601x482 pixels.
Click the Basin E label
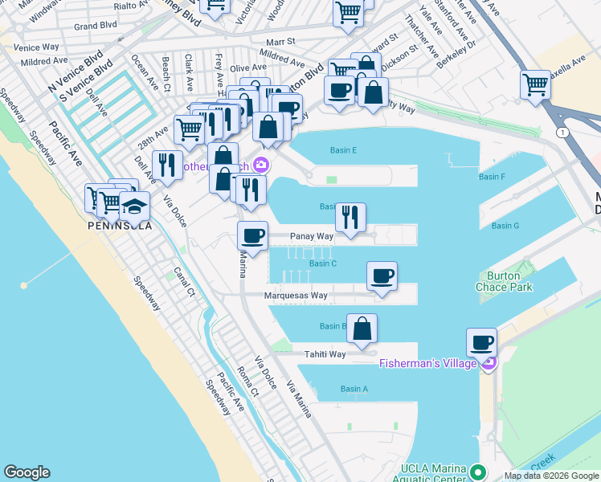[343, 150]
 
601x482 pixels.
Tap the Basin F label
[492, 177]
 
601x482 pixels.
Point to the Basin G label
[505, 226]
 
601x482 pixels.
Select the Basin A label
[354, 389]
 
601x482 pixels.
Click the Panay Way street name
[312, 237]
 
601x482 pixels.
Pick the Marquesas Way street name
[296, 296]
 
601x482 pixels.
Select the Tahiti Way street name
[325, 354]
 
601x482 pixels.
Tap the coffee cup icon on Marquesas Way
[382, 277]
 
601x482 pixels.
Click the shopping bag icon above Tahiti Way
[362, 329]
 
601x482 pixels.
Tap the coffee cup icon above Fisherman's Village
[482, 343]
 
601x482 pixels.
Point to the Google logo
[27, 472]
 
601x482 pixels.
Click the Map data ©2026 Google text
[550, 476]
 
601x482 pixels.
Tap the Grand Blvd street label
[96, 25]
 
